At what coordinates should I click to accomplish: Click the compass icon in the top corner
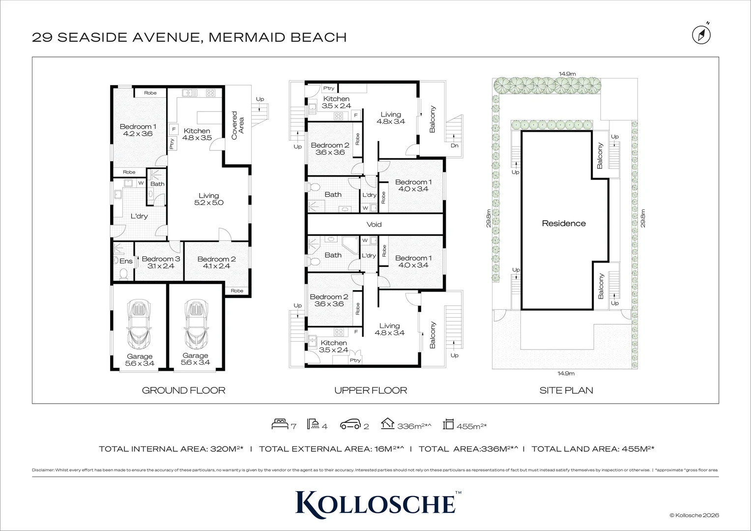701,34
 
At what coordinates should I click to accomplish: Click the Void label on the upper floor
374,224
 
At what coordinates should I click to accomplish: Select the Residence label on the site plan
564,223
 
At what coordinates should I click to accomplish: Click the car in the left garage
140,324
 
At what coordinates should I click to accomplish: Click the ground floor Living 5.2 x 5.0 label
209,199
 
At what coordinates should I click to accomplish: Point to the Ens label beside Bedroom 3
126,261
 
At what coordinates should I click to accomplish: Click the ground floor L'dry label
139,216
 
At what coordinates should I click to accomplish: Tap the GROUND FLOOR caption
183,390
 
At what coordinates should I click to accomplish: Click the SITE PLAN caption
566,390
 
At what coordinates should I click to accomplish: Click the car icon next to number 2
350,424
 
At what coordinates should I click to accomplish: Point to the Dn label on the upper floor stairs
454,146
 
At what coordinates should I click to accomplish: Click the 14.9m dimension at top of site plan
567,74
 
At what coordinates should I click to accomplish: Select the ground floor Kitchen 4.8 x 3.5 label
197,134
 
